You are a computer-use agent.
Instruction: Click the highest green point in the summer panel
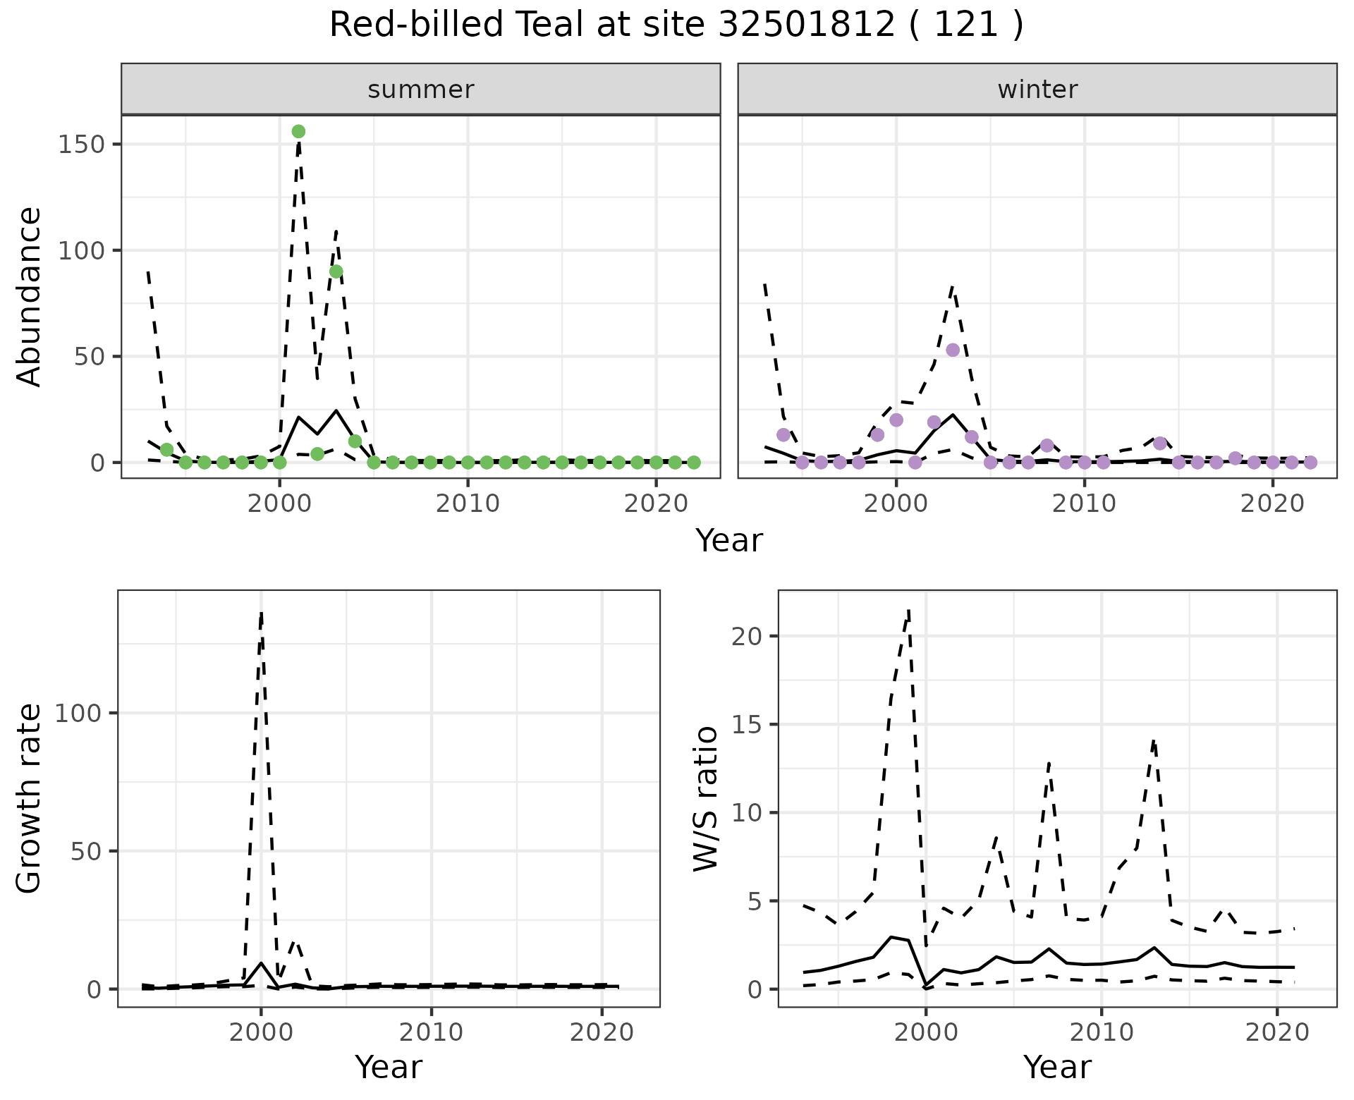tap(298, 132)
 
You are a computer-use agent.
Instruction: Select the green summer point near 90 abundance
tap(336, 271)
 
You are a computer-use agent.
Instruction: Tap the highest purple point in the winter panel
tap(953, 350)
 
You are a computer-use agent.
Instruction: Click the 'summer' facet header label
tap(421, 90)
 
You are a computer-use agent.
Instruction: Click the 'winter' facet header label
tap(1037, 90)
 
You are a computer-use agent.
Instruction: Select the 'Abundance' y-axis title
tap(30, 297)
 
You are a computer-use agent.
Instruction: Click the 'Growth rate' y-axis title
tap(30, 798)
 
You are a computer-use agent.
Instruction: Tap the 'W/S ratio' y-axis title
tap(705, 798)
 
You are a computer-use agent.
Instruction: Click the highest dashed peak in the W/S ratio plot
tap(909, 609)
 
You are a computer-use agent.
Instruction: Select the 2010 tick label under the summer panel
tap(468, 503)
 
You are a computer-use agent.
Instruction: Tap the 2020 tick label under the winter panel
tap(1273, 503)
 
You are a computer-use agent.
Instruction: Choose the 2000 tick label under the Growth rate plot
tap(261, 1032)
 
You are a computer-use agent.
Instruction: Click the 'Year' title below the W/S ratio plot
tap(1057, 1067)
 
